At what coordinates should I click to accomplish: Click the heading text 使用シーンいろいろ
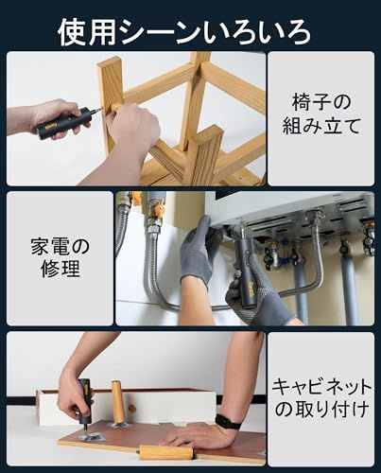[184, 32]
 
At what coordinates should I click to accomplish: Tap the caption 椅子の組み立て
[320, 114]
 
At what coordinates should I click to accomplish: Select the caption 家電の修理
[61, 257]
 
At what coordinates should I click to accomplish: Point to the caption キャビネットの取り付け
[320, 398]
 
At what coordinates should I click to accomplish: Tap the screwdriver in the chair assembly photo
[67, 123]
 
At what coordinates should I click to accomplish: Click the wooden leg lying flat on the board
[165, 453]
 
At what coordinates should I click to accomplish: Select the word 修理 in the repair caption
[61, 269]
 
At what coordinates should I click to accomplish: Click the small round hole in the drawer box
[132, 409]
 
